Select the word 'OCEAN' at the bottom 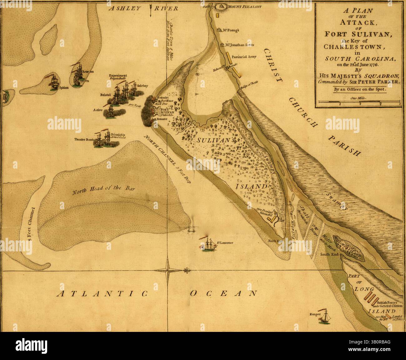[x=224, y=293]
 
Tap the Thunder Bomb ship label [x=84, y=139]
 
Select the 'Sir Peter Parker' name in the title [x=378, y=82]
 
